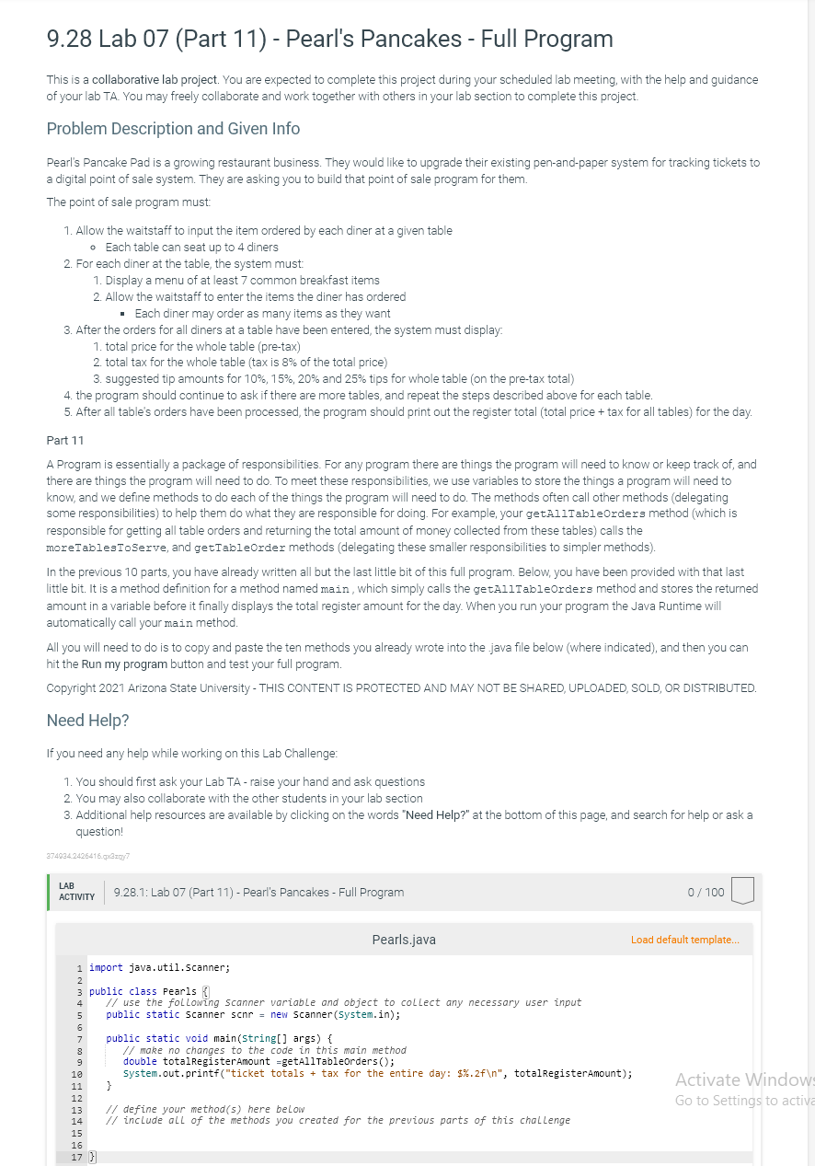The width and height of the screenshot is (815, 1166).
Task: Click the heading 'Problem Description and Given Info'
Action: pos(173,128)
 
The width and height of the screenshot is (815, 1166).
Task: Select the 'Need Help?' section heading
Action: pos(87,720)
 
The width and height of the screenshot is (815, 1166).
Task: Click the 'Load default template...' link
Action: pos(684,940)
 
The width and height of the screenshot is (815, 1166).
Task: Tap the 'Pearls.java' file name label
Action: pos(404,940)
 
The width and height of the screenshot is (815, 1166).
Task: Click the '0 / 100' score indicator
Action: pos(706,892)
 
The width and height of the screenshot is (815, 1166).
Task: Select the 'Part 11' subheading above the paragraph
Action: pos(65,441)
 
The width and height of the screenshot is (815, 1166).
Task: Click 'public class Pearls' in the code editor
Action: pos(142,991)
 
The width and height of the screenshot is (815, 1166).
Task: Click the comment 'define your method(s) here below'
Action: pos(213,1109)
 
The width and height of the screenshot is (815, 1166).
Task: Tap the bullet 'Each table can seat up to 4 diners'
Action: pos(191,247)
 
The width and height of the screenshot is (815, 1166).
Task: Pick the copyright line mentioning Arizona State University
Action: pos(401,687)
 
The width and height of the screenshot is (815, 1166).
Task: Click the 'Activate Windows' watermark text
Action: pos(741,1079)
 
